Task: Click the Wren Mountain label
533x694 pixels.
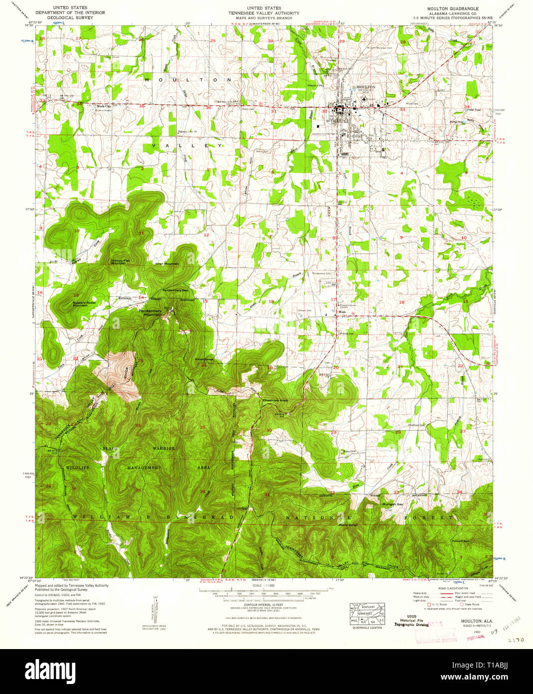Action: click(167, 264)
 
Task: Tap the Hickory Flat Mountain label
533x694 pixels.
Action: click(120, 262)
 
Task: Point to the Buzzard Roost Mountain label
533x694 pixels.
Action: click(84, 304)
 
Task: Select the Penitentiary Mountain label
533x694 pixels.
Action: click(150, 313)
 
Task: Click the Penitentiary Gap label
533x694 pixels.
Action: click(175, 290)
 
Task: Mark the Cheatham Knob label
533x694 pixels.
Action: click(275, 400)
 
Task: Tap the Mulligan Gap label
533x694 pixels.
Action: click(393, 504)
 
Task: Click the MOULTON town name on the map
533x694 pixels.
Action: click(366, 87)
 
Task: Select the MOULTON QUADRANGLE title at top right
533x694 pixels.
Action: click(452, 9)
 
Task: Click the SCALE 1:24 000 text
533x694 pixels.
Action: click(264, 586)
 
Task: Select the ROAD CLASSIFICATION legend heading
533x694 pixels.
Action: click(453, 588)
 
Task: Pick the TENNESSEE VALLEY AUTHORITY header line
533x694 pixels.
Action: click(264, 13)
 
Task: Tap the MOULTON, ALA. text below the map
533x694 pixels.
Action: click(470, 621)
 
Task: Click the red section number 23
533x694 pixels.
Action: click(140, 361)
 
